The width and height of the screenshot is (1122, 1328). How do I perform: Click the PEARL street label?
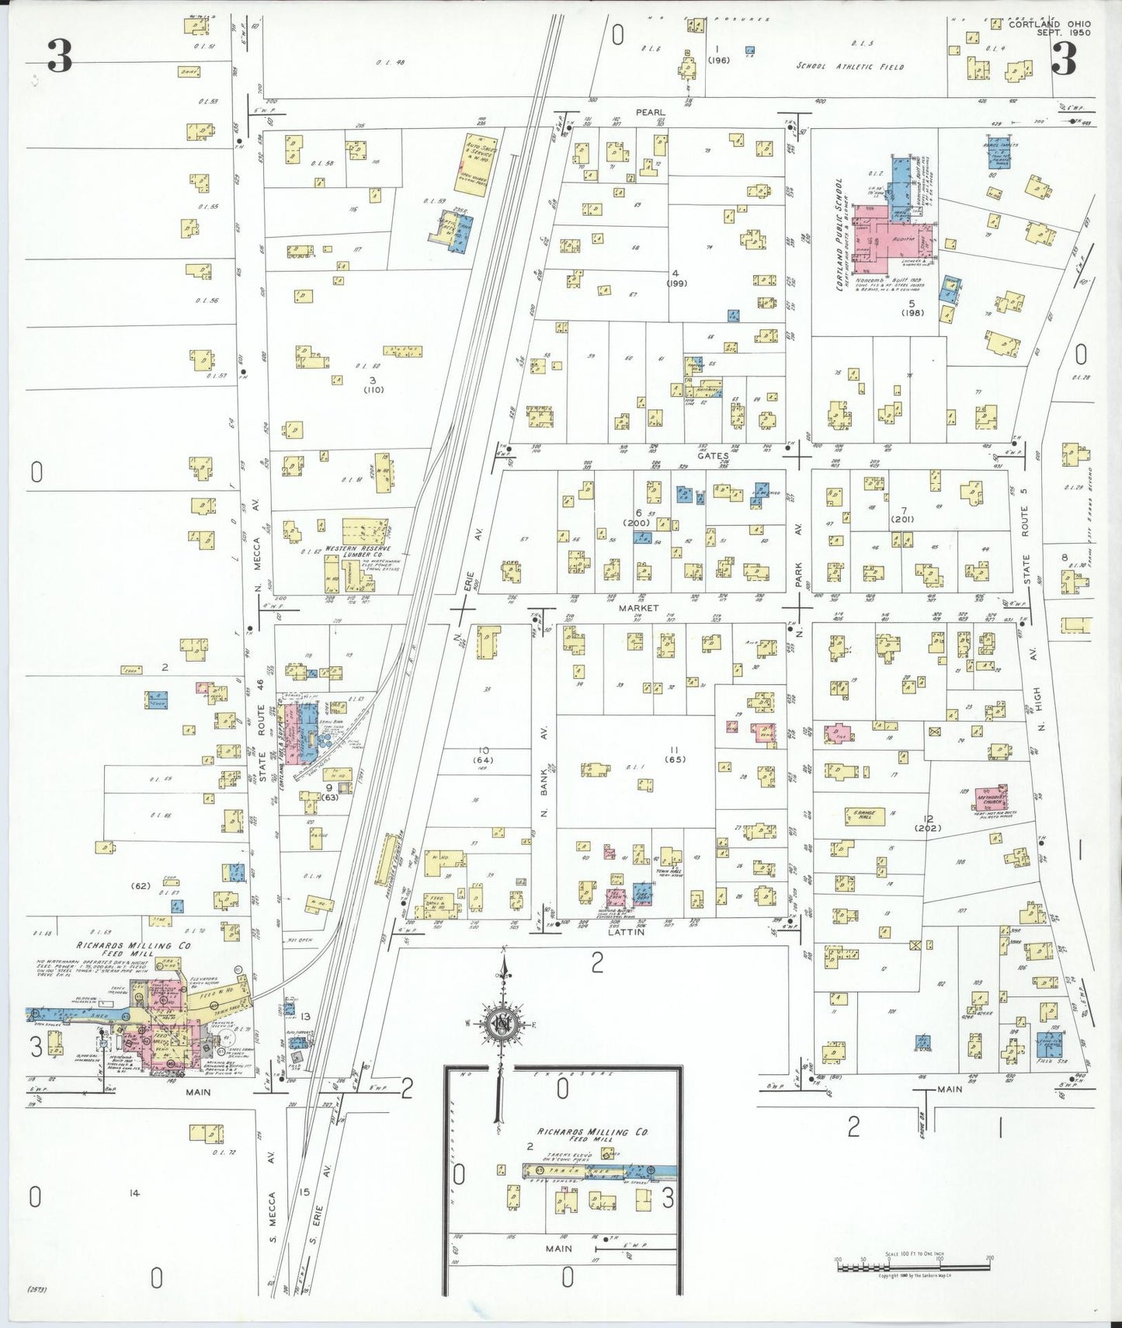[x=651, y=113]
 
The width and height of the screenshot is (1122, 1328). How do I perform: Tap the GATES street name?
[x=713, y=456]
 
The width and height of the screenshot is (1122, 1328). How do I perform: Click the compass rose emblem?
[x=502, y=1024]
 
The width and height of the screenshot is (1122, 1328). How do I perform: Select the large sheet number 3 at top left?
[x=59, y=56]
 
